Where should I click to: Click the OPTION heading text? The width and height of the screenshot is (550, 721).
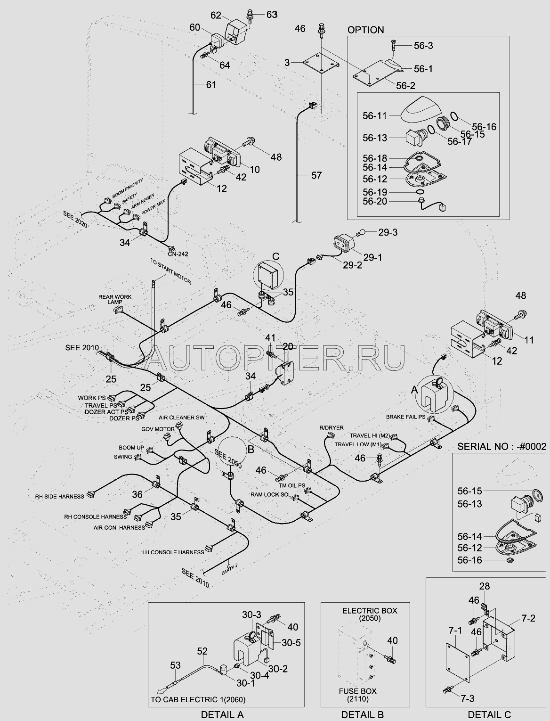coord(365,30)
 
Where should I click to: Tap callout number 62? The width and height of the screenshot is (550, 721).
coord(216,16)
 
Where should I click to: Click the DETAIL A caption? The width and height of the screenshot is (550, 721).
coord(222,714)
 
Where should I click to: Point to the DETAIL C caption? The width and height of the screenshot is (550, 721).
coord(488,714)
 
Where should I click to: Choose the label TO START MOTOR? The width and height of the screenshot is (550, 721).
coord(170,271)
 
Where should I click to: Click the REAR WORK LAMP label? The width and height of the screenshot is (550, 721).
coord(115,299)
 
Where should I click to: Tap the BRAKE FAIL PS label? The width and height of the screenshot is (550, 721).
coord(405,417)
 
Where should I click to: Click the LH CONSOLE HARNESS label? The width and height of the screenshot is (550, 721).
coord(173,552)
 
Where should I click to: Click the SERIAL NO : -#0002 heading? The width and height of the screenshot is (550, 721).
coord(502,446)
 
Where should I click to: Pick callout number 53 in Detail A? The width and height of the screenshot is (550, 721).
coord(175,665)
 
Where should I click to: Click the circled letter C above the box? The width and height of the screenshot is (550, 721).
coord(276,256)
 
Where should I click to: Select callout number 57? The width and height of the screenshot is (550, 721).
coord(316,175)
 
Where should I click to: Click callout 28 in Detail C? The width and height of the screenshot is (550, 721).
coord(485,586)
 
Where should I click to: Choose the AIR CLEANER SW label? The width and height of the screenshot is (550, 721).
coord(182,418)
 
